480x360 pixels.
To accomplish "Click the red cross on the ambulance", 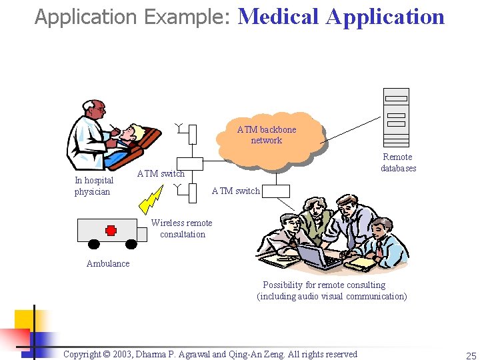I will pos(111,230).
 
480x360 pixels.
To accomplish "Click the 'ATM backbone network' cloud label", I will pos(267,135).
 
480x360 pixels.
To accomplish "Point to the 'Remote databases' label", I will pos(398,163).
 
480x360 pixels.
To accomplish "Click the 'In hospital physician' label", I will pos(94,186).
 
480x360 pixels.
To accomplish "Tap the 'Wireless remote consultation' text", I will pos(182,229).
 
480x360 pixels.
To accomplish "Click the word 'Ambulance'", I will pos(108,263).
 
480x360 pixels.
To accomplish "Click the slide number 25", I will pos(471,355).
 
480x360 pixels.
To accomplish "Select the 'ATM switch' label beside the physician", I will pos(161,173).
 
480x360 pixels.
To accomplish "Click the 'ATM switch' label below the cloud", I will pos(235,191).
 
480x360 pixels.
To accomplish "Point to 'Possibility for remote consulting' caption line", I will pos(324,285).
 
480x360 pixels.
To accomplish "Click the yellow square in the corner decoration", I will pos(25,319).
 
